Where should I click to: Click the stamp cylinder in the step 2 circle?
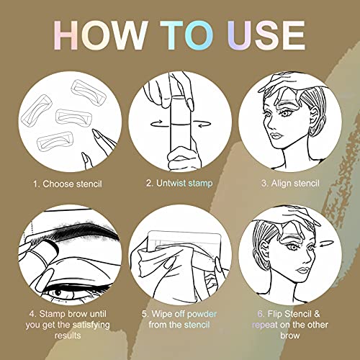[177, 122]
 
